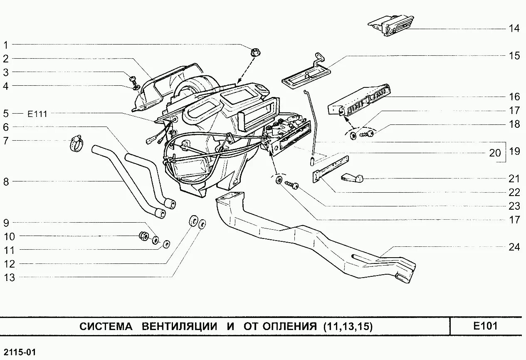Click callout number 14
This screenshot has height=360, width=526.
click(514, 29)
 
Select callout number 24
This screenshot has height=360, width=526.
click(514, 247)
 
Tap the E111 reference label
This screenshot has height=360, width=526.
click(37, 114)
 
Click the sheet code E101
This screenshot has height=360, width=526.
click(485, 326)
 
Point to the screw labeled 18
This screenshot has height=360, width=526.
click(367, 133)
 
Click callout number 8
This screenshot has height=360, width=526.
click(6, 181)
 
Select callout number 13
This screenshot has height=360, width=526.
click(9, 278)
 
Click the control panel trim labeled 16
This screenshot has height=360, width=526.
click(360, 100)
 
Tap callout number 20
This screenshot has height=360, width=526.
click(495, 153)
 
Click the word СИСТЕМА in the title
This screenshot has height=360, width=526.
click(106, 327)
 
